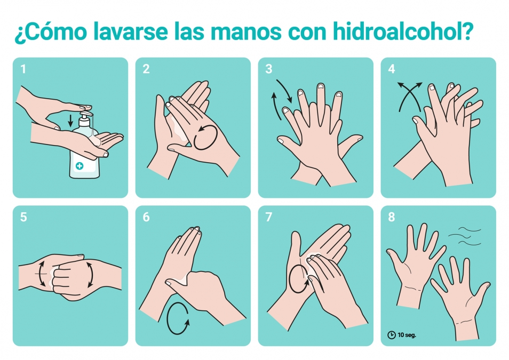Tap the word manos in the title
coord(246,32)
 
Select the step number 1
coord(23,69)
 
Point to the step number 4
coord(392,69)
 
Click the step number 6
coord(146,217)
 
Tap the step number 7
coord(269,217)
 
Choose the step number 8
coord(392,217)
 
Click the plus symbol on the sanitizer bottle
coord(79,166)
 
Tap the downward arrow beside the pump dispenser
coord(70,121)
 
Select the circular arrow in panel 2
coord(205,137)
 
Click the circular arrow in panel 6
coord(178,318)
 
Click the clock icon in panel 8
coord(392,335)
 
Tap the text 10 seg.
coord(407,335)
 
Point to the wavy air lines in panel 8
coord(465,236)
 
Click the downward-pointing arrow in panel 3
coord(284,91)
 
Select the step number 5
coord(23,217)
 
